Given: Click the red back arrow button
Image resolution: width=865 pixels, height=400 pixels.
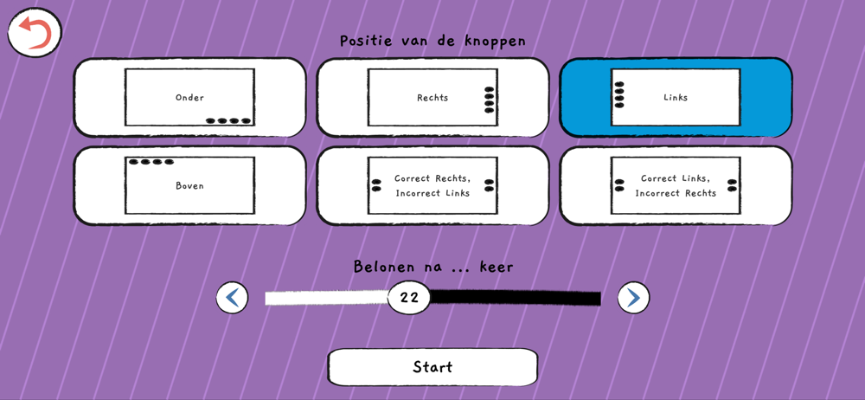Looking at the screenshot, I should tap(35, 33).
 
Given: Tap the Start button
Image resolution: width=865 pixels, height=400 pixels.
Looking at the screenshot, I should tap(432, 367).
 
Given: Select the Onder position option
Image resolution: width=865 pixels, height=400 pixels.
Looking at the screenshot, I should tap(189, 98).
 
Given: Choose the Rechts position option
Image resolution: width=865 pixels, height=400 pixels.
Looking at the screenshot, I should tap(432, 98).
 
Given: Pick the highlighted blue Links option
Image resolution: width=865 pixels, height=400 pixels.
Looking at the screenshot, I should tap(676, 98).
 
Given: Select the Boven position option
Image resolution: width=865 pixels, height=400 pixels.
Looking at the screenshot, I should tap(189, 186).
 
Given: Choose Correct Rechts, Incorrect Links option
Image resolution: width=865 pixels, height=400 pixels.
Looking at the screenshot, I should tap(432, 186).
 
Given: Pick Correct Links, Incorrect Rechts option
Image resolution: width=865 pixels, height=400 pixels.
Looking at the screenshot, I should tap(676, 186).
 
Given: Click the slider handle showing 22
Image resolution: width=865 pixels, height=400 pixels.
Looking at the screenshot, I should tap(409, 298).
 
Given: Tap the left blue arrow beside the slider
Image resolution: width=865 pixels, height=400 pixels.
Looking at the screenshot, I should tap(232, 298).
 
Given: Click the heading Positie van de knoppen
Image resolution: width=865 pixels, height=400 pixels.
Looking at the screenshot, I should tap(432, 41).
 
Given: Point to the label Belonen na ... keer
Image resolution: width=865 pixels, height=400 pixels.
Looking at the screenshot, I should tap(432, 267).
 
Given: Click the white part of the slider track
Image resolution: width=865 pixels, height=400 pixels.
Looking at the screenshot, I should tap(325, 298).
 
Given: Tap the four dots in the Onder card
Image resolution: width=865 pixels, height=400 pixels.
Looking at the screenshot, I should tap(228, 121).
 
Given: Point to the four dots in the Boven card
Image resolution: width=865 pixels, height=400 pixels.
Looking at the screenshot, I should tap(151, 162).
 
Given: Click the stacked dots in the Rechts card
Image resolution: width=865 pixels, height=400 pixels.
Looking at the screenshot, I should tap(490, 100).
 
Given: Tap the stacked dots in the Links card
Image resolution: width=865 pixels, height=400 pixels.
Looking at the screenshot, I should tap(619, 94).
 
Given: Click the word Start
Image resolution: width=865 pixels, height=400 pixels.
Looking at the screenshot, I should tap(432, 367).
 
